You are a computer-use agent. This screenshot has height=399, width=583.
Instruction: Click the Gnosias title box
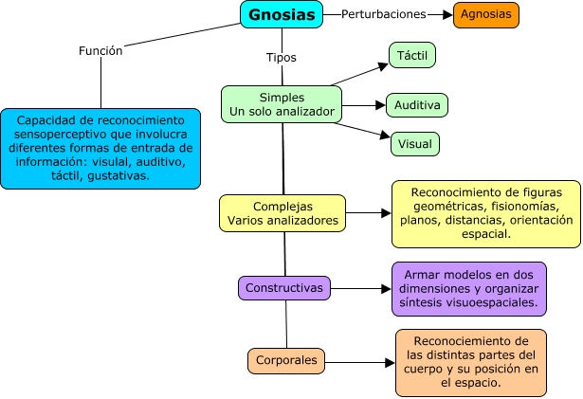pos(282,14)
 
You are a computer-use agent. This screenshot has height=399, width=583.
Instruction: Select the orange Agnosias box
pos(485,14)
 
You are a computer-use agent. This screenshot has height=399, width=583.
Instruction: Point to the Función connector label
pos(100,51)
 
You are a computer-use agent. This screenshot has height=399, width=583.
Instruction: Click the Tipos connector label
pos(281,57)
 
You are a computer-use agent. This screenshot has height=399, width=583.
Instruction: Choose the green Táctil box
pos(412,56)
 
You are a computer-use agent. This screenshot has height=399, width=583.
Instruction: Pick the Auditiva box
pos(417,105)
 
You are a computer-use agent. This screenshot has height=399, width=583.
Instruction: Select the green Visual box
pos(415,144)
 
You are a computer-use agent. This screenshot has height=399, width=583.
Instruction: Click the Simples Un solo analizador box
pos(282,105)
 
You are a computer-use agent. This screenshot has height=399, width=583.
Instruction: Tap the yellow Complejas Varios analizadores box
pos(282,213)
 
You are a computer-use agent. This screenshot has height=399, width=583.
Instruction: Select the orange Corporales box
pos(285,360)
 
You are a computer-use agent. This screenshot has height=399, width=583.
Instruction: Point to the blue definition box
pos(100,149)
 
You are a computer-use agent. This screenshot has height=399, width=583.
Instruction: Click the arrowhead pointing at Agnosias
pos(447,14)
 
